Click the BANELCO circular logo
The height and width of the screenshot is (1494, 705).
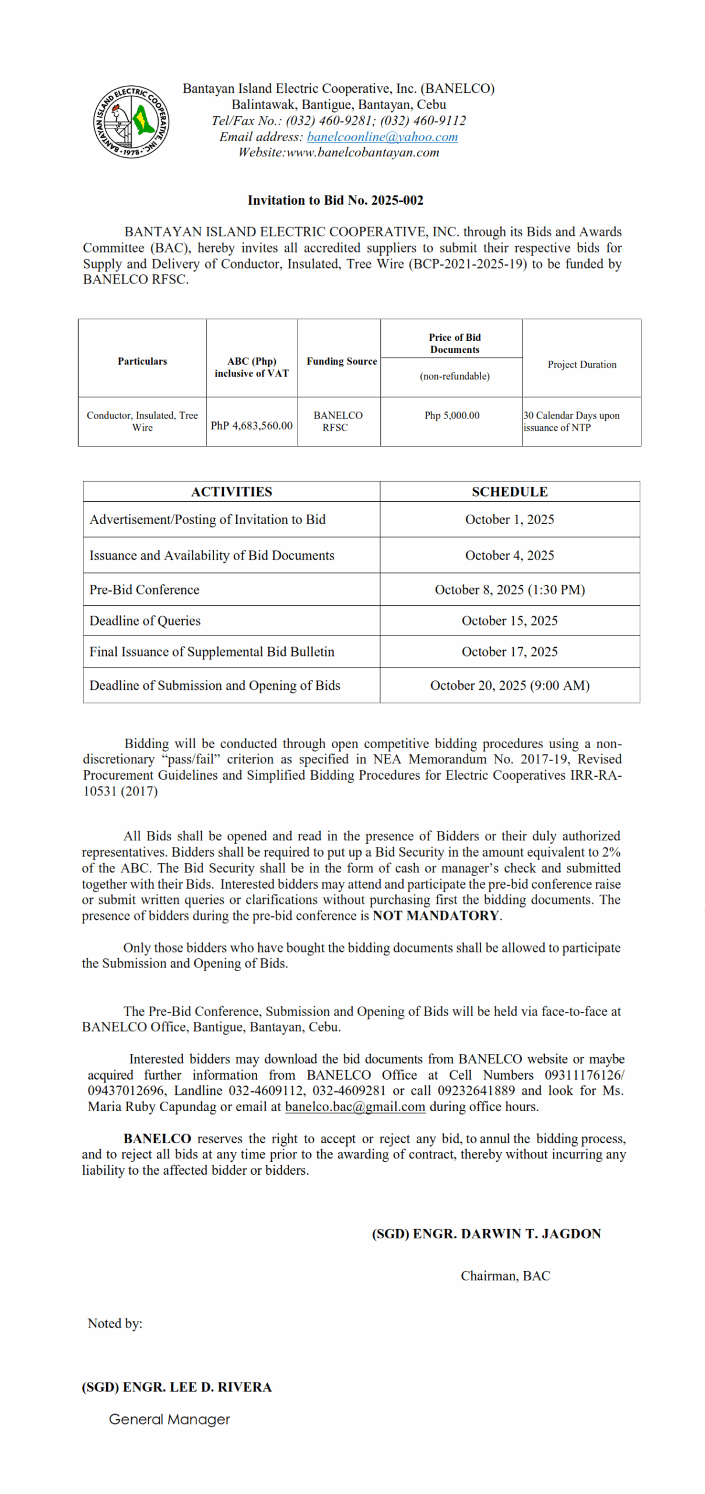pos(131,122)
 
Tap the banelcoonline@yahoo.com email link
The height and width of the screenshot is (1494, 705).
pos(382,137)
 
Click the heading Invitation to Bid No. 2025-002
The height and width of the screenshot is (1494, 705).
pos(335,201)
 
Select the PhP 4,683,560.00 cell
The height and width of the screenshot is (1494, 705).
pos(251,426)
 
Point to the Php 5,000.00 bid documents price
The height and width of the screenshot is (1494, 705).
pos(452,416)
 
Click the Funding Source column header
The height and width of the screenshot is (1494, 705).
pos(342,361)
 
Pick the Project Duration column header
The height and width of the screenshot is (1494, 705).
pos(581,365)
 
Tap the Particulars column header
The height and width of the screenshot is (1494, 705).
pos(142,361)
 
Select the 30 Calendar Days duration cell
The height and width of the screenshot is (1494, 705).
pos(571,421)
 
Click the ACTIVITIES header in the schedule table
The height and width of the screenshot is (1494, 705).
pos(232,492)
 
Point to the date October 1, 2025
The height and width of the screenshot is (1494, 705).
pos(510,520)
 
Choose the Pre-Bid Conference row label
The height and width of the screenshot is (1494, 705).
pos(145,590)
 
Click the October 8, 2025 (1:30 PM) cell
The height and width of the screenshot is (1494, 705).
pos(510,590)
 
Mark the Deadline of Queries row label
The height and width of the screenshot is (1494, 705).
pos(145,621)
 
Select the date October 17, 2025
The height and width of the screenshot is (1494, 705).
pos(510,652)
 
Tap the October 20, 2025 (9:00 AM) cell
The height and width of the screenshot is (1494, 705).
pos(510,686)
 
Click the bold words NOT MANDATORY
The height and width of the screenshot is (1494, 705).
pos(436,916)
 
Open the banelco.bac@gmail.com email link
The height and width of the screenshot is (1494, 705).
pos(355,1107)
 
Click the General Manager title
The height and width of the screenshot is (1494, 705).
pos(170,1419)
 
